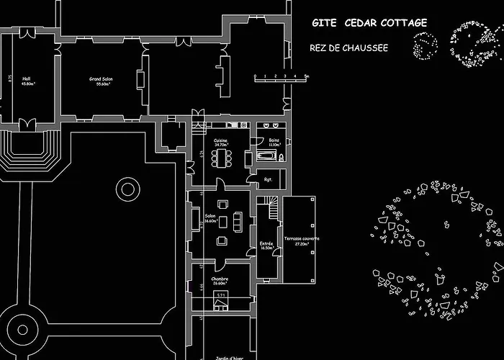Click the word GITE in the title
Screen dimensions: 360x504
(x=323, y=23)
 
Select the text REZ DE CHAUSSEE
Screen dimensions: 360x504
(x=348, y=48)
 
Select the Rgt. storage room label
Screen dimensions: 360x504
(x=267, y=179)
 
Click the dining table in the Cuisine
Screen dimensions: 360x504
(x=222, y=156)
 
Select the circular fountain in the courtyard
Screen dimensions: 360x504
(x=127, y=189)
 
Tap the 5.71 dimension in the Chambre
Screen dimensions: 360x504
(x=222, y=294)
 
